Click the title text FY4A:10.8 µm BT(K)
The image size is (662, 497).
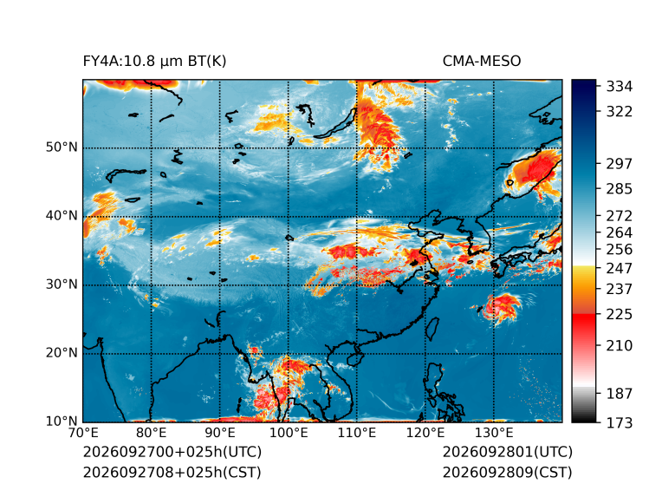154,62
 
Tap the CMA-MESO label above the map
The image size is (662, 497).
482,62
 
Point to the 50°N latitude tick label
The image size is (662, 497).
62,147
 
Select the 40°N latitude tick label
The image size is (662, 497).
62,216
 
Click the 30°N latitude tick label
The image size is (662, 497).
62,284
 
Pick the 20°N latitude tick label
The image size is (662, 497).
62,353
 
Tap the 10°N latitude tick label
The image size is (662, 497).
62,422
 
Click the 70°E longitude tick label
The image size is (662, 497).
83,433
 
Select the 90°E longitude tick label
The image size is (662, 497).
219,433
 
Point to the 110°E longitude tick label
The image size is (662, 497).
357,433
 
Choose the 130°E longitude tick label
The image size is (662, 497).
494,433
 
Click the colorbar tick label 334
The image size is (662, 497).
620,87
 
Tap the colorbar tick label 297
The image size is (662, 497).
620,164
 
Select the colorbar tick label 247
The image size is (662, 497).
620,268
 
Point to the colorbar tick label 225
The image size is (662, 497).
620,315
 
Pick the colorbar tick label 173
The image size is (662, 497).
620,422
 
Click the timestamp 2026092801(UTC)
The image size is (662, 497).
508,452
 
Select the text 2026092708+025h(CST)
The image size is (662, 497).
172,473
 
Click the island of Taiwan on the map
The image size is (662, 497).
432,330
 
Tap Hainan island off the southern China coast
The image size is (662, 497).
355,358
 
